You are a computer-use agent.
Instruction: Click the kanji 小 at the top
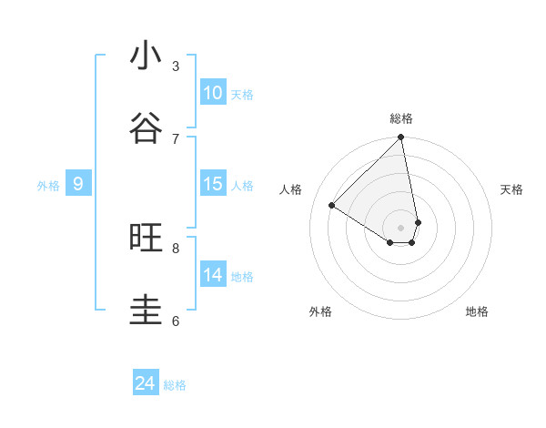pyautogui.click(x=147, y=56)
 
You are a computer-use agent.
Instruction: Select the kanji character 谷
pyautogui.click(x=147, y=128)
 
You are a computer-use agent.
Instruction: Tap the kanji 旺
pyautogui.click(x=147, y=238)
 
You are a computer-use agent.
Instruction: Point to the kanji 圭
pyautogui.click(x=147, y=311)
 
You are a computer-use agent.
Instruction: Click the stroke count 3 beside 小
pyautogui.click(x=176, y=66)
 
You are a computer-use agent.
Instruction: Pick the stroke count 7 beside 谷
pyautogui.click(x=176, y=138)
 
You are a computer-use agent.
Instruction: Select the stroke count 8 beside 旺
pyautogui.click(x=176, y=248)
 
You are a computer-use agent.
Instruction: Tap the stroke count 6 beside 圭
pyautogui.click(x=176, y=321)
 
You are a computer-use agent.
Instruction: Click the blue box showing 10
pyautogui.click(x=213, y=93)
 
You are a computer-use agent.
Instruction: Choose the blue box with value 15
pyautogui.click(x=213, y=184)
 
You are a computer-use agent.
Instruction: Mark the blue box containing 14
pyautogui.click(x=213, y=275)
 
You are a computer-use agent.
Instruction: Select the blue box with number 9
pyautogui.click(x=78, y=184)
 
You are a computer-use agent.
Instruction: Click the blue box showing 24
pyautogui.click(x=146, y=383)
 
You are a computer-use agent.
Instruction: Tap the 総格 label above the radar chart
pyautogui.click(x=401, y=118)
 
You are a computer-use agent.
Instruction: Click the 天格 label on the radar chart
pyautogui.click(x=511, y=189)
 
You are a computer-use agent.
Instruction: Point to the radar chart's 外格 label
pyautogui.click(x=320, y=311)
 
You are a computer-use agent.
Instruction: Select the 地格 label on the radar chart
pyautogui.click(x=477, y=311)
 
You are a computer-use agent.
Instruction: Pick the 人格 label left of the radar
pyautogui.click(x=291, y=189)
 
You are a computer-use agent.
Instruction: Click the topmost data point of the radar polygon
pyautogui.click(x=401, y=138)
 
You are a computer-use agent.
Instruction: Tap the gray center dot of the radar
pyautogui.click(x=401, y=226)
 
